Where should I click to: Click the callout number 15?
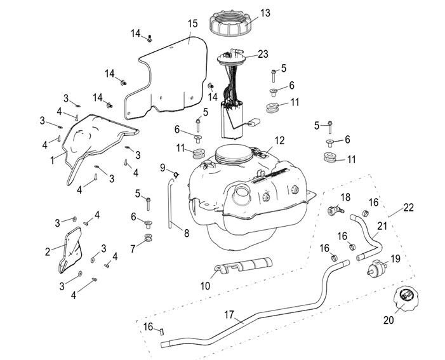192,23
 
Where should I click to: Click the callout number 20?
389,321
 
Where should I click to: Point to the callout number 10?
205,286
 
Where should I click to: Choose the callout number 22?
408,207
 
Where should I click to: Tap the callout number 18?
345,197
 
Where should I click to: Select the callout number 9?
163,168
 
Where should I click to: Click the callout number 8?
185,233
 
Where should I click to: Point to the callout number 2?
48,251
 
